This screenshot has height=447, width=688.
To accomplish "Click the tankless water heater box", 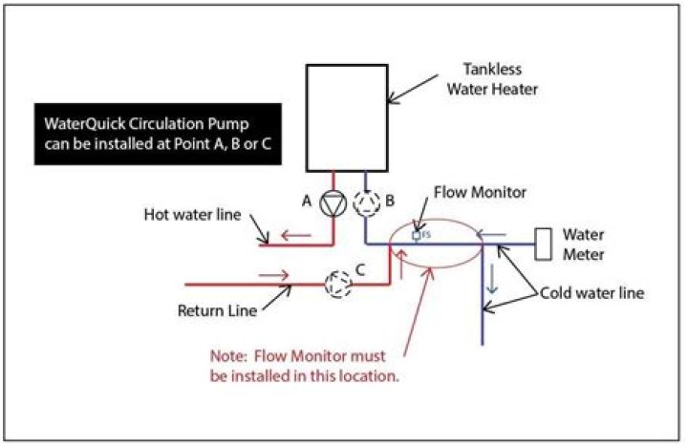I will (346, 118).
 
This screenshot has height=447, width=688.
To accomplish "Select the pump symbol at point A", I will (333, 202).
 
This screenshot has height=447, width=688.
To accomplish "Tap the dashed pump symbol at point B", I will (365, 202).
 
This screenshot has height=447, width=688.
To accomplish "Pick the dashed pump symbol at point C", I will (336, 284).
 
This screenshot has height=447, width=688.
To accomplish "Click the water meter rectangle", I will (544, 245).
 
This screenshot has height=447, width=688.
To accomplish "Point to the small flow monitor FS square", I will (417, 234).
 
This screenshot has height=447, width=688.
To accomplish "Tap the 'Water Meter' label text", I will (588, 243).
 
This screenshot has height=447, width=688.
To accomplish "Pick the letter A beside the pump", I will (307, 202).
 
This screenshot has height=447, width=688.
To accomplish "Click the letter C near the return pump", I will (360, 270).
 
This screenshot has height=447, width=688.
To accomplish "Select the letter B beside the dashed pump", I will (391, 202).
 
